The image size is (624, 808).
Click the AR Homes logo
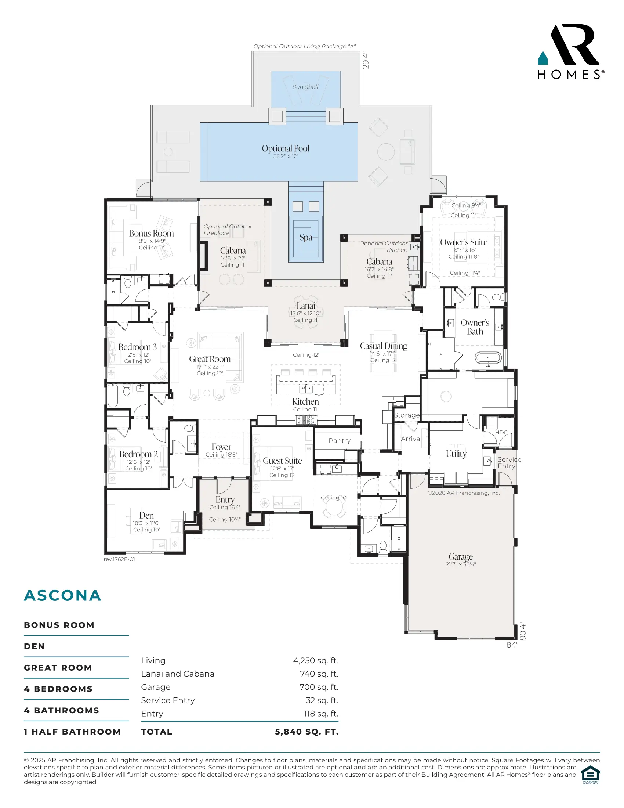(x=571, y=52)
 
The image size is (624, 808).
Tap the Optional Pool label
(x=285, y=148)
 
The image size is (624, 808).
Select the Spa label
(x=306, y=237)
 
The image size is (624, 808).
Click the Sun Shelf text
(x=305, y=87)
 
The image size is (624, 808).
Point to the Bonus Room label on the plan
(x=151, y=234)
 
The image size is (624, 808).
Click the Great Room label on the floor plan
(x=210, y=359)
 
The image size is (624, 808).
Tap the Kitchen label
(x=305, y=401)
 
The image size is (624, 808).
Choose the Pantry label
(x=340, y=441)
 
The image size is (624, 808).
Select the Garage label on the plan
(x=461, y=557)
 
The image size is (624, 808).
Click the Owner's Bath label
(x=475, y=327)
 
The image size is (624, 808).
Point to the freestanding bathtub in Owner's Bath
(x=488, y=358)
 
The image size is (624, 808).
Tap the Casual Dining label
(x=383, y=346)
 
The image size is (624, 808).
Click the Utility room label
(x=456, y=454)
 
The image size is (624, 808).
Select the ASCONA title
(x=62, y=596)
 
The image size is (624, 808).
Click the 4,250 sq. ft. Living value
(x=316, y=660)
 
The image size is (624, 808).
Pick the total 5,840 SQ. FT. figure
(x=306, y=732)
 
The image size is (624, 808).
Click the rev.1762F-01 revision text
(x=119, y=559)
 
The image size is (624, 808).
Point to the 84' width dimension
(x=511, y=645)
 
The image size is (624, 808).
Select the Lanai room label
(x=306, y=306)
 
